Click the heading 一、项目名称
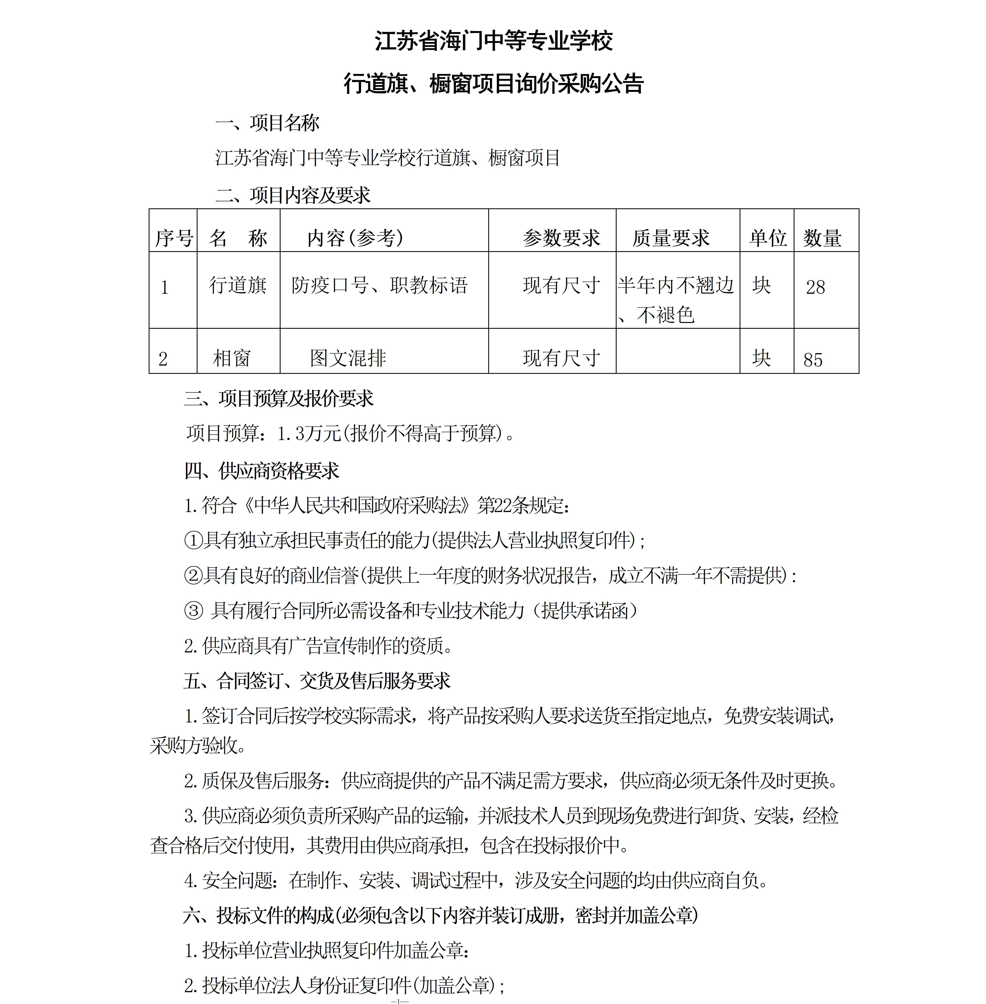click(x=267, y=123)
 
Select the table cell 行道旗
click(x=238, y=285)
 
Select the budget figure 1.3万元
click(x=309, y=434)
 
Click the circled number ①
click(x=193, y=541)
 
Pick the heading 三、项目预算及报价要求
click(x=279, y=398)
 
